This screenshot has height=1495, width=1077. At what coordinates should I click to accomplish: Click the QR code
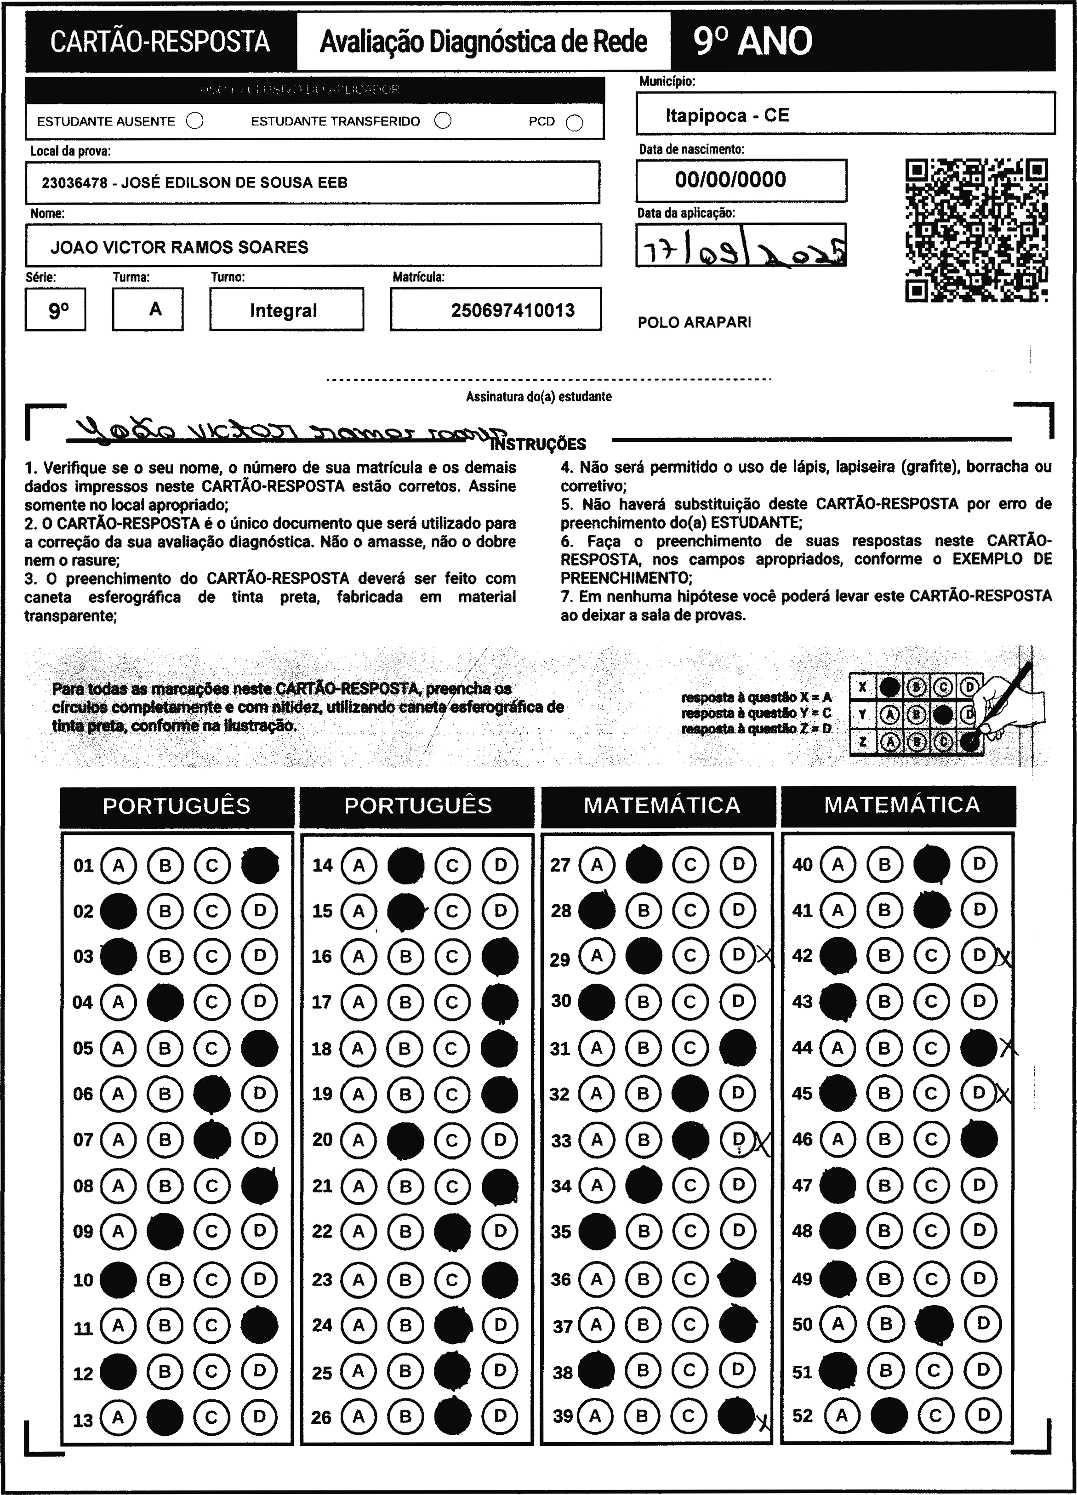pyautogui.click(x=976, y=230)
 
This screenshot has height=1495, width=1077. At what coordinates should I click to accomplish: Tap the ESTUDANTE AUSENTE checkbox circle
pyautogui.click(x=194, y=121)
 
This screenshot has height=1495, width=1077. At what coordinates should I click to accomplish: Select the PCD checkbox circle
pyautogui.click(x=575, y=123)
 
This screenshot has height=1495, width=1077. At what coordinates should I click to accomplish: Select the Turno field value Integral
pyautogui.click(x=284, y=310)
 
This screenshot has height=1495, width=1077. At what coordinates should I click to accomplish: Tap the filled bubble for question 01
pyautogui.click(x=260, y=865)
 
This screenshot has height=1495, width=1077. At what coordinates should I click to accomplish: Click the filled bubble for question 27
pyautogui.click(x=643, y=864)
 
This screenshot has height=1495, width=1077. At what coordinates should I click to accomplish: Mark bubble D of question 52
pyautogui.click(x=983, y=1415)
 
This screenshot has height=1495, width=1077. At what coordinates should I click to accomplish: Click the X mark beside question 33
pyautogui.click(x=763, y=1141)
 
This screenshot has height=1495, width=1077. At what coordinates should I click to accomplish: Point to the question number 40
pyautogui.click(x=802, y=864)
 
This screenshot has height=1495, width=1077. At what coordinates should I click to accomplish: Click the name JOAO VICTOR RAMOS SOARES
pyautogui.click(x=179, y=247)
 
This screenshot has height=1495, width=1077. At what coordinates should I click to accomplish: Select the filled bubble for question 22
pyautogui.click(x=453, y=1231)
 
